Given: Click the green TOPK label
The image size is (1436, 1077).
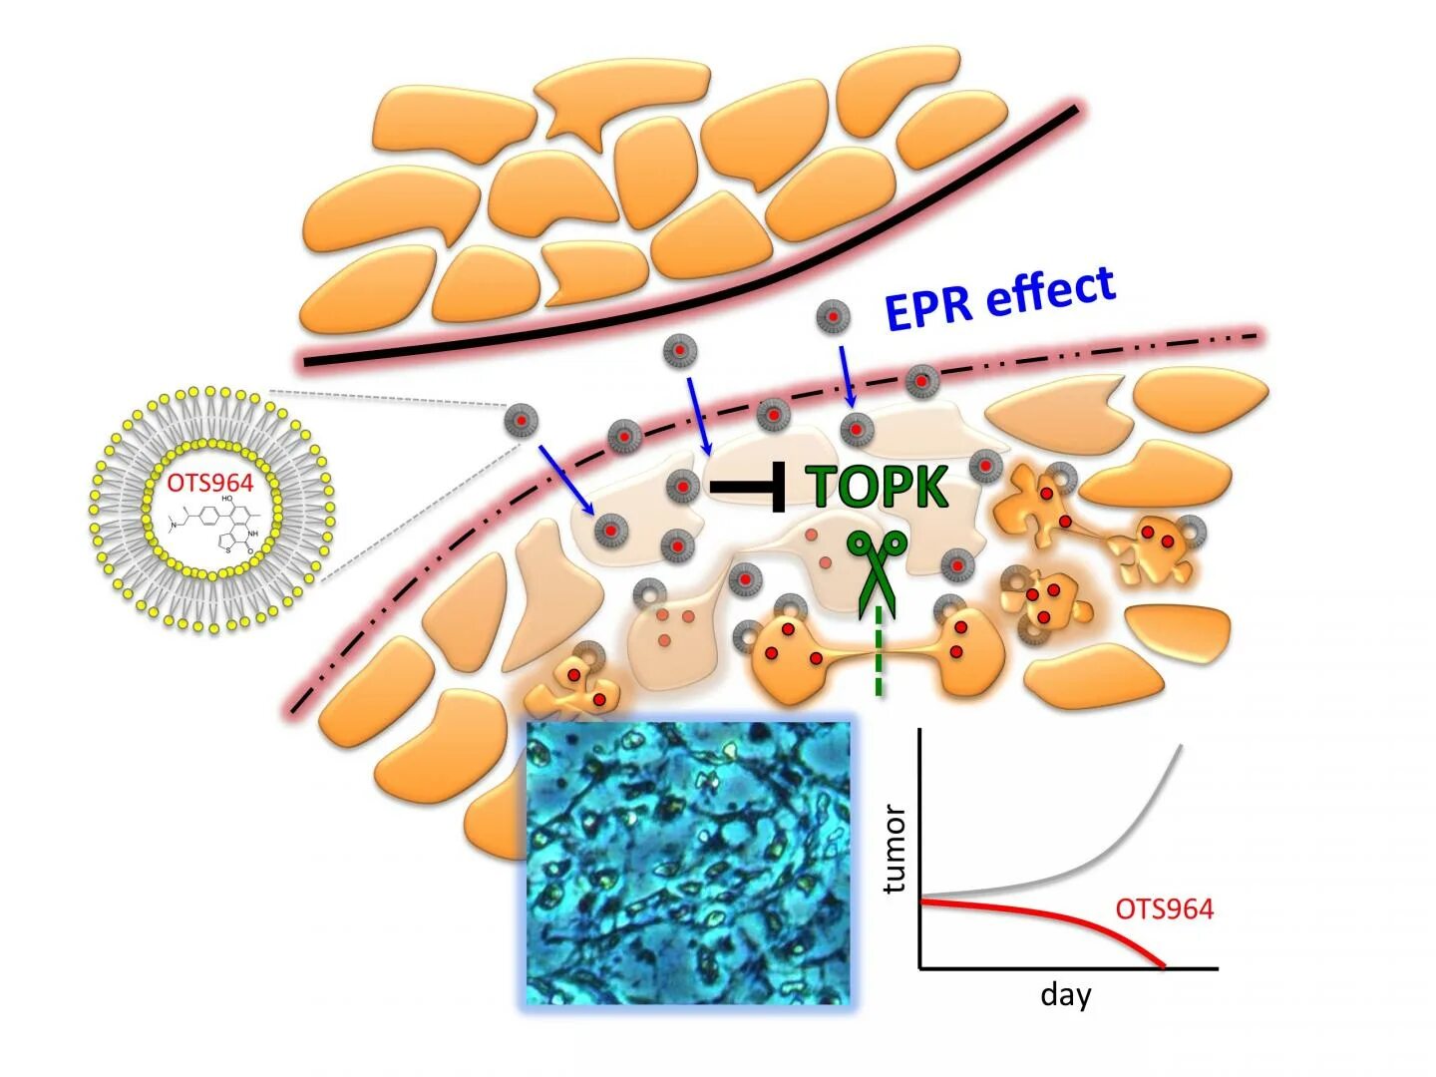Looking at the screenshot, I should pos(878,487).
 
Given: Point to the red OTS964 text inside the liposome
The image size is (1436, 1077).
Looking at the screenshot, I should pos(210,484).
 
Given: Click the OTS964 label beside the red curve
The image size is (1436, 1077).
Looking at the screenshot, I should pos(1164,908).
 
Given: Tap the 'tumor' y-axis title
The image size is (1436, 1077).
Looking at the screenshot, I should pos(895,849).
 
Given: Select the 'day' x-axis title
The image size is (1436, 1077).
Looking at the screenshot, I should pos(1065,994).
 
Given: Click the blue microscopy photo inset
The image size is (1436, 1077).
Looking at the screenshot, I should pos(688,863).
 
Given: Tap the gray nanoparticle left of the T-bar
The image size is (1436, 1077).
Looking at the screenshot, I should pos(682,487).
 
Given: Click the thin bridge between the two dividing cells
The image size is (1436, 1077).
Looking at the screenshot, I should pos(878,654).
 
